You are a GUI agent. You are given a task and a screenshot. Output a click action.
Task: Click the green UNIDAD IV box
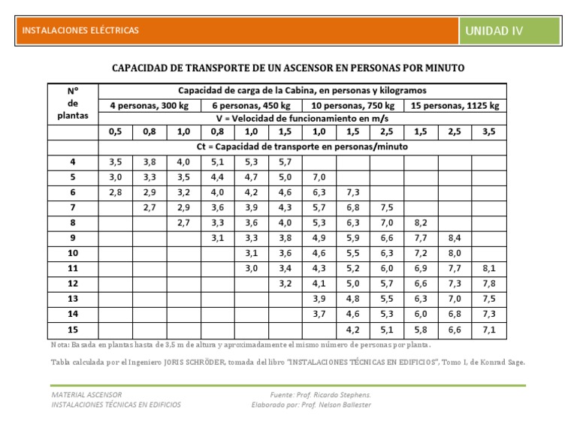click(x=510, y=31)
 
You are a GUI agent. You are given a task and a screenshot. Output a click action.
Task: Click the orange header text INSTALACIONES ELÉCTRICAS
click(x=80, y=31)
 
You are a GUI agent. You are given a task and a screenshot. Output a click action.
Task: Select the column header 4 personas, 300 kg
click(x=148, y=105)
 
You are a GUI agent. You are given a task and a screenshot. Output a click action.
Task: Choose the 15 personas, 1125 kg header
click(x=455, y=105)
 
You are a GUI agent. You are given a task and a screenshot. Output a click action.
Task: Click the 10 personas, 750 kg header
click(x=352, y=105)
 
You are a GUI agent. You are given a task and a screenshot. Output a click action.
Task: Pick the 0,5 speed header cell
click(x=115, y=131)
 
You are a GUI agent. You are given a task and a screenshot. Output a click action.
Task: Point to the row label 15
click(x=72, y=330)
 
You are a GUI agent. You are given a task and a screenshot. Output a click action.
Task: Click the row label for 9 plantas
click(x=72, y=238)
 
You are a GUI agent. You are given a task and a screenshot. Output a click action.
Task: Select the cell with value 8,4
click(x=455, y=238)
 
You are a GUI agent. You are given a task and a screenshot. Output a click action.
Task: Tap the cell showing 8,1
click(x=488, y=269)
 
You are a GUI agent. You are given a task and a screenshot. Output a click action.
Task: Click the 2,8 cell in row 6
click(x=115, y=192)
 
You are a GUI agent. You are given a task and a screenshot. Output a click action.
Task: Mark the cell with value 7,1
click(x=488, y=330)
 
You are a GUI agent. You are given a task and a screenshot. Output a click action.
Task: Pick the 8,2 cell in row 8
click(x=420, y=223)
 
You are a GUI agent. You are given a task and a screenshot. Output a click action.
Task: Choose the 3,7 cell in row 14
click(x=319, y=314)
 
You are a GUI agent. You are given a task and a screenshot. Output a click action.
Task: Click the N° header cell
click(x=72, y=90)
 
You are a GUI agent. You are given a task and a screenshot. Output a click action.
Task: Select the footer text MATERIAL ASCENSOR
click(x=86, y=394)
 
